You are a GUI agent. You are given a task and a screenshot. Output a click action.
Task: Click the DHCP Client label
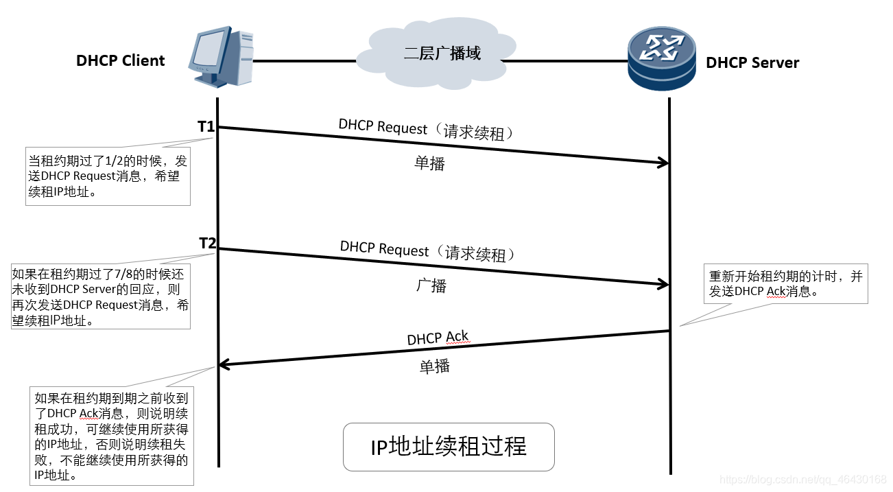point(121,60)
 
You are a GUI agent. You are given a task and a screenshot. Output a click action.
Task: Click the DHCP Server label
point(752,63)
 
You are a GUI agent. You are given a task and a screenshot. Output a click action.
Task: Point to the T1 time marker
point(206,126)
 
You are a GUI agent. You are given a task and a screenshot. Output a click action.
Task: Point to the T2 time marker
point(207,243)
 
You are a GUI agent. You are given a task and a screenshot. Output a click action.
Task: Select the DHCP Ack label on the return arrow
point(438,338)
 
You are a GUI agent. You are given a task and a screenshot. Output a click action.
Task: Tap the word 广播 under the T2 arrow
point(431,285)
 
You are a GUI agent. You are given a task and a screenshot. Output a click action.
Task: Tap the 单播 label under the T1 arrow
point(429,163)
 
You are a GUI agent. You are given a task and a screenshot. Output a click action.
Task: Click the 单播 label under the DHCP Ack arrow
point(435,366)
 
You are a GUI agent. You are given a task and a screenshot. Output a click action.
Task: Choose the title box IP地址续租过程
point(449,447)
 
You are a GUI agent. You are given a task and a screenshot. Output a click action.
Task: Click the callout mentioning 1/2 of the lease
point(108,176)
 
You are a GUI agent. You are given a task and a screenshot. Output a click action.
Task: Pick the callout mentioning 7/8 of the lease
point(101,297)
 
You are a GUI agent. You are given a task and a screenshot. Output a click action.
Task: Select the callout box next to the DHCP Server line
point(786,284)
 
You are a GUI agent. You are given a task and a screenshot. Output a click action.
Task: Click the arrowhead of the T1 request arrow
point(663,163)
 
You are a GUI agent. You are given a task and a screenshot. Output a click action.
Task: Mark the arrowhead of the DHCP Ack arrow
point(223,365)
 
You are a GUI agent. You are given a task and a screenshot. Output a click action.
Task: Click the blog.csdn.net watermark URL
point(802,478)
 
